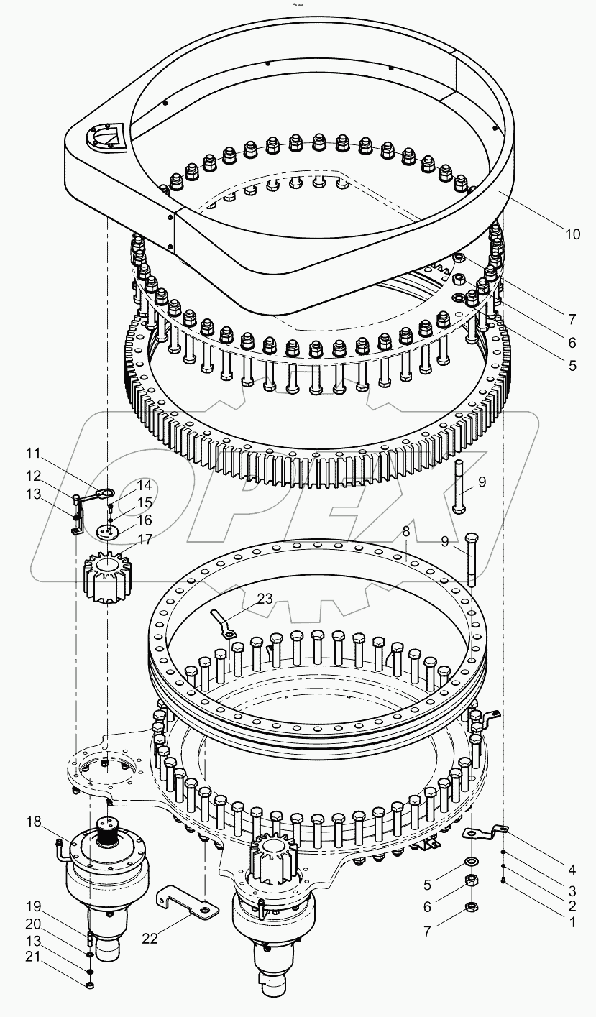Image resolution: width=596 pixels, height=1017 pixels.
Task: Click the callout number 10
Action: point(572,234)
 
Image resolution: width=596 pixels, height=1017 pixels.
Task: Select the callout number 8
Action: point(405,532)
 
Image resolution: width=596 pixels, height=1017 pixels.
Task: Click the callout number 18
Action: point(35,822)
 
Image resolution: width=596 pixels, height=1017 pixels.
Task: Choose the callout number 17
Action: point(145,538)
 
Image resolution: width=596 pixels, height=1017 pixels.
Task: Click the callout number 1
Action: point(572,921)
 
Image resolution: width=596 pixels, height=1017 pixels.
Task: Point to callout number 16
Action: point(145,519)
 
